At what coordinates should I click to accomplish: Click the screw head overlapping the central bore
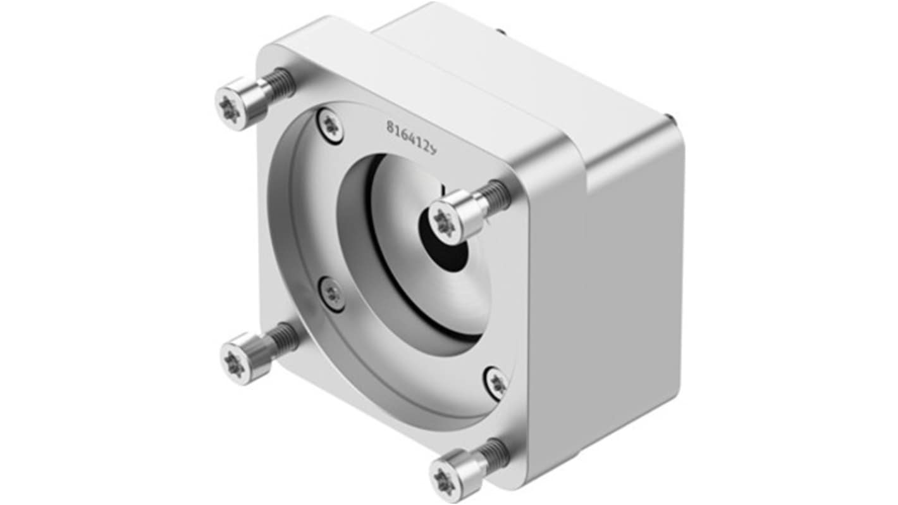pyautogui.click(x=446, y=221)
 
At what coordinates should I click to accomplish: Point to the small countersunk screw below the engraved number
pyautogui.click(x=331, y=125)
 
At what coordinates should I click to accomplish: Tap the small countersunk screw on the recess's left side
pyautogui.click(x=333, y=294)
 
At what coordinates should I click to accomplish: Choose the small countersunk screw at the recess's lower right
pyautogui.click(x=497, y=382)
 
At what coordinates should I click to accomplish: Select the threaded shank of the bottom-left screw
pyautogui.click(x=284, y=338)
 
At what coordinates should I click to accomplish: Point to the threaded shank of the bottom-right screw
pyautogui.click(x=492, y=453)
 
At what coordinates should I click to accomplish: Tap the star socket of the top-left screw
pyautogui.click(x=229, y=109)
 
